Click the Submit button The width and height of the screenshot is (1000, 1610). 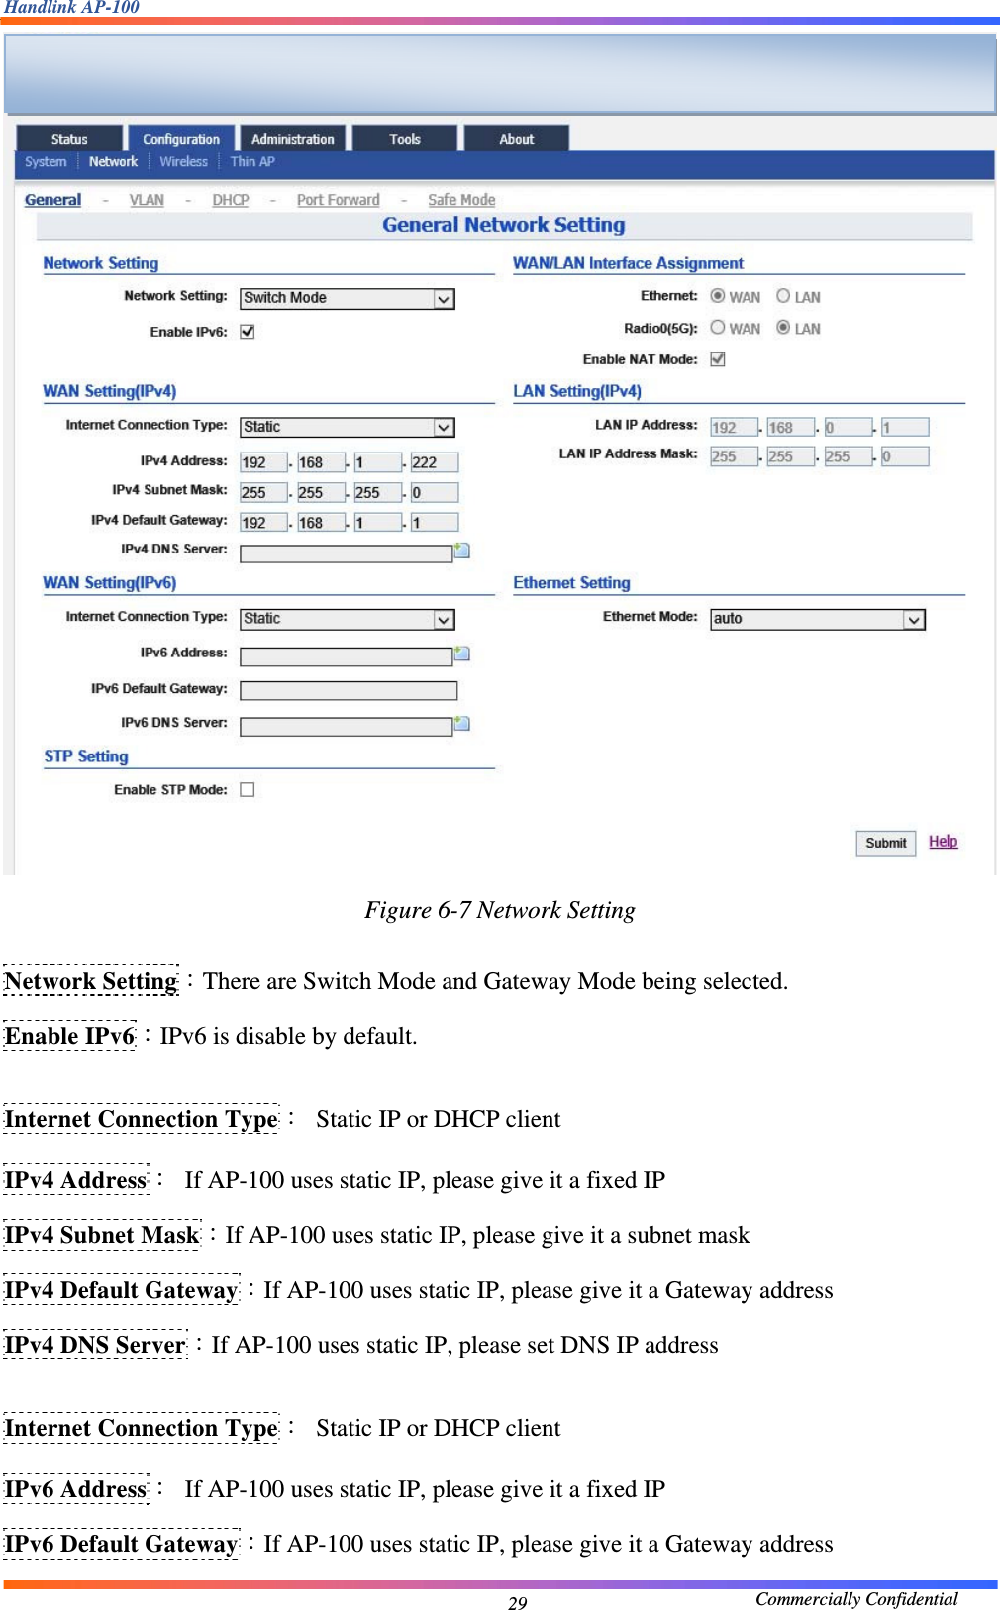(x=885, y=843)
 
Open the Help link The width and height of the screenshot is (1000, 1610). (x=943, y=841)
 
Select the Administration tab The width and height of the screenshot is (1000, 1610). (x=292, y=139)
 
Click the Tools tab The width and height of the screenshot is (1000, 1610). (x=404, y=139)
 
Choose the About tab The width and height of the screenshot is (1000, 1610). (x=516, y=139)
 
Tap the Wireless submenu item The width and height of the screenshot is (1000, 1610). (x=183, y=161)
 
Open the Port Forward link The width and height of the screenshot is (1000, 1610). (x=338, y=199)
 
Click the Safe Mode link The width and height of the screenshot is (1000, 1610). (x=460, y=199)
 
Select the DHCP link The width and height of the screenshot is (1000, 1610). (x=230, y=199)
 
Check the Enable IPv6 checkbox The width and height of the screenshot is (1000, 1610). (x=248, y=332)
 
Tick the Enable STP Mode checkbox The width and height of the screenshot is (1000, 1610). (x=248, y=789)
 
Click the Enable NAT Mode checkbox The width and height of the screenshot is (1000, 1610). (x=718, y=359)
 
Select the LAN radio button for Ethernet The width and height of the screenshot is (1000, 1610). (x=783, y=296)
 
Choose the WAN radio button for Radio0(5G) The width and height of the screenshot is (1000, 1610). (x=718, y=328)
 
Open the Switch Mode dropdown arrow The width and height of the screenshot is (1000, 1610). (x=444, y=298)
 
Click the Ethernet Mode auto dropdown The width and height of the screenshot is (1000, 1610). (x=817, y=619)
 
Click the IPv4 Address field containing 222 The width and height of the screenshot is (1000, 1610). (x=434, y=462)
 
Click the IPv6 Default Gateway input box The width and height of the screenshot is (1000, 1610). (x=348, y=690)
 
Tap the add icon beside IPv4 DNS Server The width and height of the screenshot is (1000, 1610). (x=461, y=550)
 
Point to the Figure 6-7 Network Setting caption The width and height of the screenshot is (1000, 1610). (x=499, y=910)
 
